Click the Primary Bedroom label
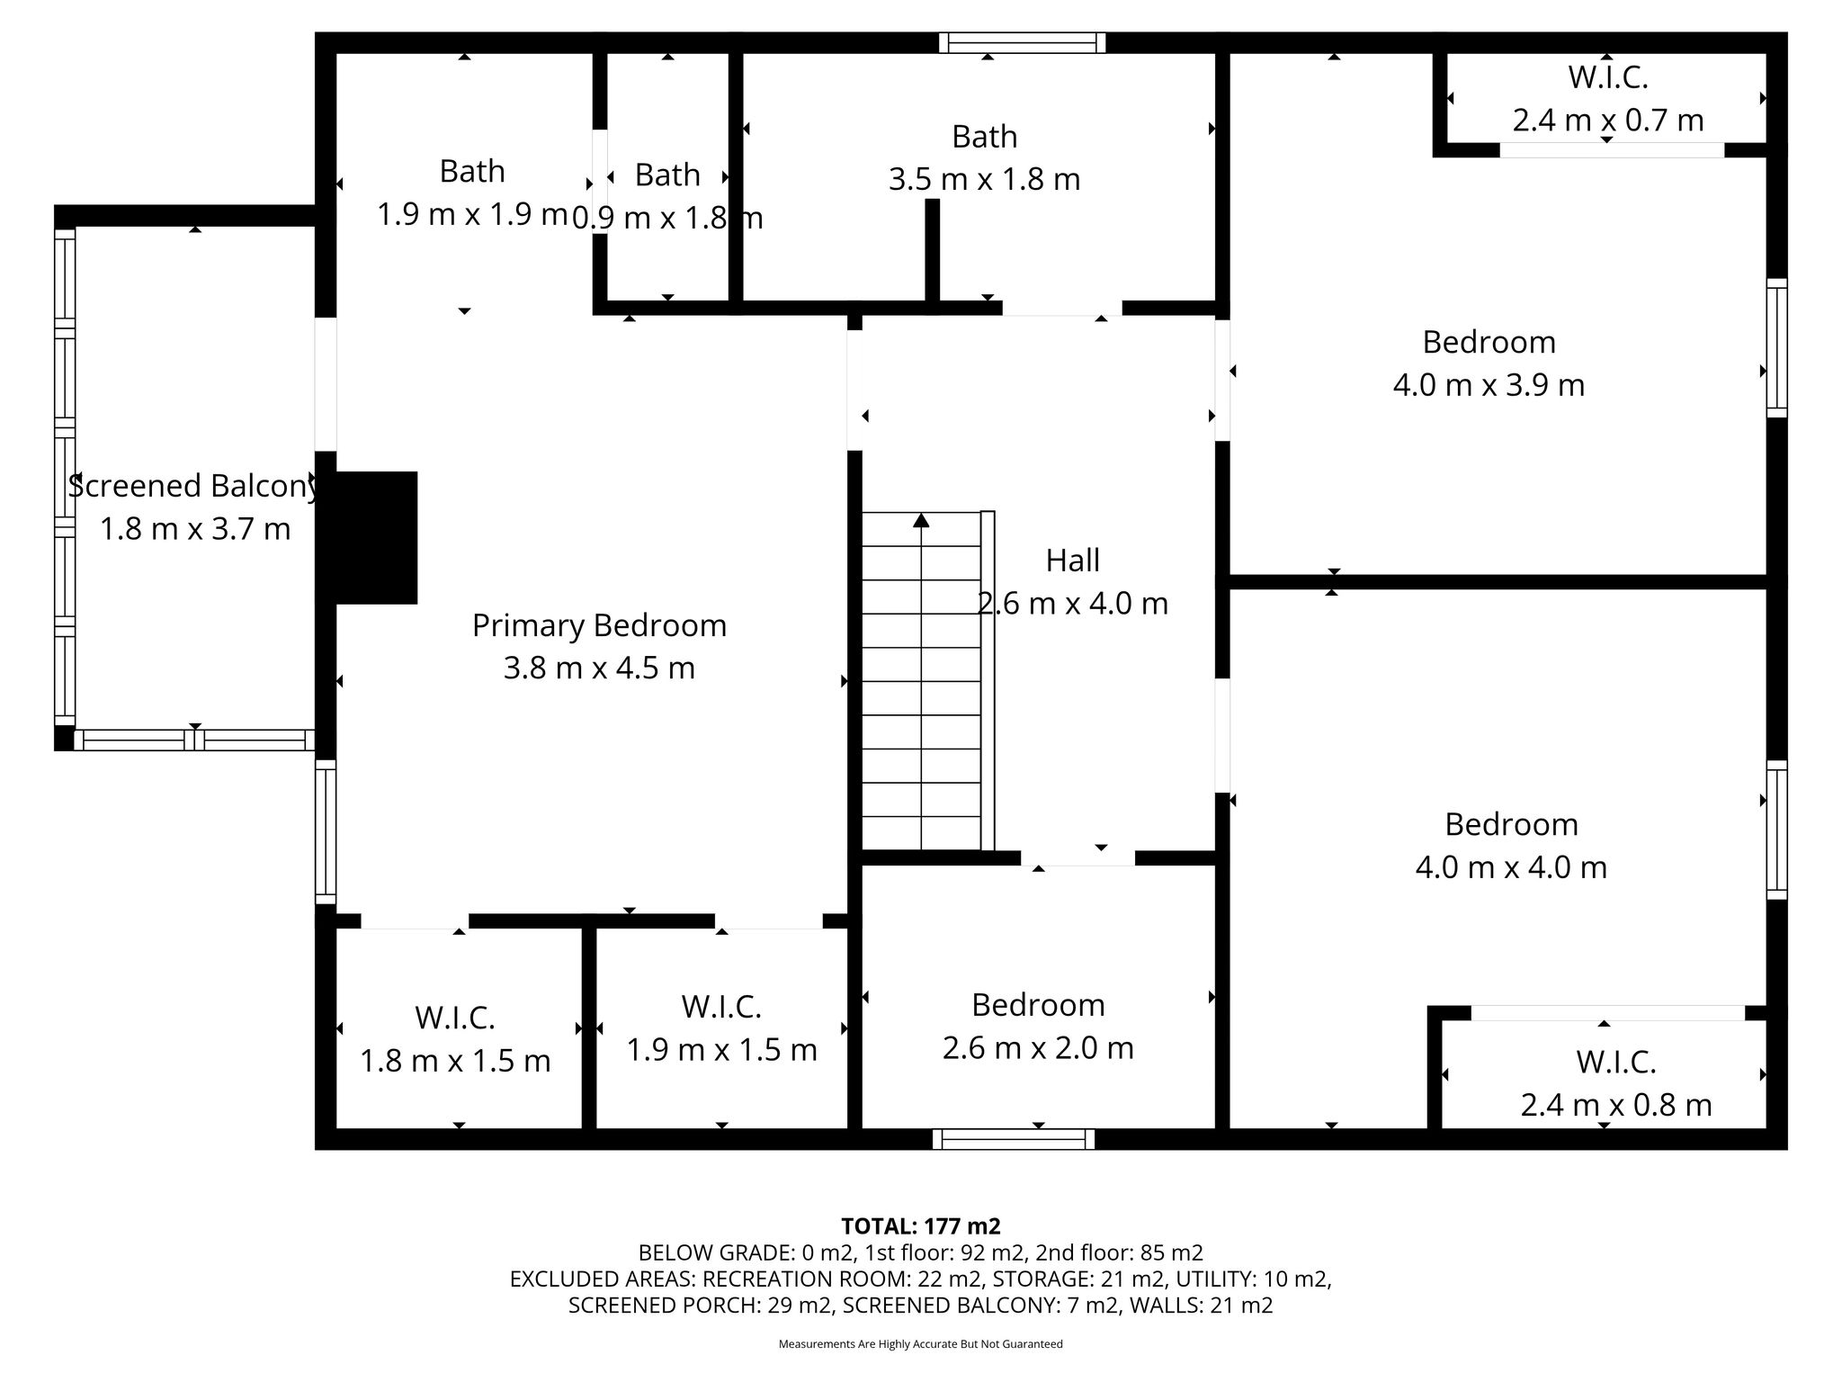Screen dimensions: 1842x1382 click(x=599, y=625)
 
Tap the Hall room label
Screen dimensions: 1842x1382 click(x=1072, y=561)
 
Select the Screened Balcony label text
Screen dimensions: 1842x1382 click(x=195, y=486)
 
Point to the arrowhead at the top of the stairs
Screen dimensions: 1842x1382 click(x=921, y=519)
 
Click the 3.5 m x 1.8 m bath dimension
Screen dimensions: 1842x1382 click(x=984, y=179)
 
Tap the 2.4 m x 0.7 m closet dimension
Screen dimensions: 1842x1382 click(x=1608, y=120)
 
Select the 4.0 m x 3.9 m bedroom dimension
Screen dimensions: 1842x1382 click(x=1489, y=385)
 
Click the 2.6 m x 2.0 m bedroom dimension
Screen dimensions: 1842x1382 click(x=1038, y=1048)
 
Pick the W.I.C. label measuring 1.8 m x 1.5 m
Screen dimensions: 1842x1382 click(x=455, y=1019)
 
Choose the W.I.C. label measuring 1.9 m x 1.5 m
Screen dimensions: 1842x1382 click(x=721, y=1007)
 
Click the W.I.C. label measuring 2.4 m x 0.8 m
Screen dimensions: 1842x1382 click(x=1616, y=1063)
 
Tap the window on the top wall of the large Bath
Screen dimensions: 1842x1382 click(x=1023, y=42)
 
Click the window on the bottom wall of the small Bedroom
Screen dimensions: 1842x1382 click(x=1014, y=1139)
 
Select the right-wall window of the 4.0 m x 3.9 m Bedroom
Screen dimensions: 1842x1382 click(x=1776, y=347)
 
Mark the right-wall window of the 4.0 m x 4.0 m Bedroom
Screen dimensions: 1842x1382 click(x=1776, y=830)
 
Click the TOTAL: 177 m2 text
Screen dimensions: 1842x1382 click(x=921, y=1226)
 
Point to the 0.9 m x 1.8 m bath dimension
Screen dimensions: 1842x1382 click(x=667, y=218)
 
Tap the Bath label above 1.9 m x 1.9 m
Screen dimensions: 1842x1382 click(x=472, y=171)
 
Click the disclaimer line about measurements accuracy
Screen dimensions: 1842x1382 click(x=921, y=1344)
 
